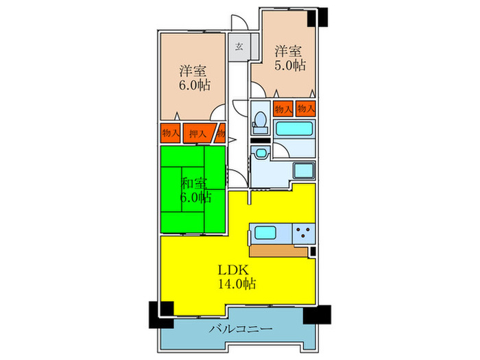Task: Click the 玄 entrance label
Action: [x=239, y=47]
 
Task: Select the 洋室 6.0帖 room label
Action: [x=194, y=77]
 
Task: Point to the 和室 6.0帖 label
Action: [x=195, y=189]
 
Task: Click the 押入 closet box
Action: [x=197, y=133]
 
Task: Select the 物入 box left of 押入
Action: [x=171, y=132]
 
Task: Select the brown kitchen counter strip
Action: [x=278, y=250]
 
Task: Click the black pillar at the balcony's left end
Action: [x=157, y=314]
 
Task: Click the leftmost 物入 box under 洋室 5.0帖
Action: [x=283, y=108]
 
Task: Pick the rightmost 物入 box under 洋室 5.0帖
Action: [x=306, y=108]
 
